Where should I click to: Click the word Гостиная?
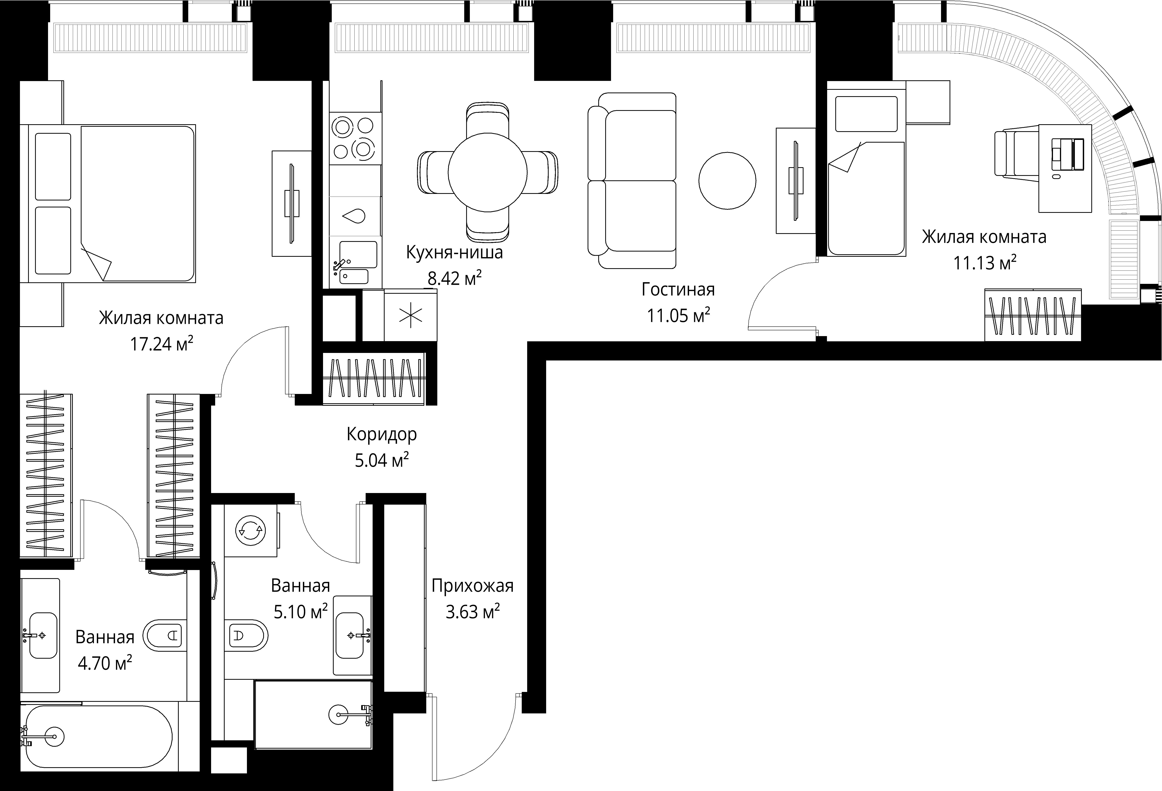(x=678, y=290)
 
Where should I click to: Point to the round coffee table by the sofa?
(x=727, y=181)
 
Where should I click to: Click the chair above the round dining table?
(x=487, y=120)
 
